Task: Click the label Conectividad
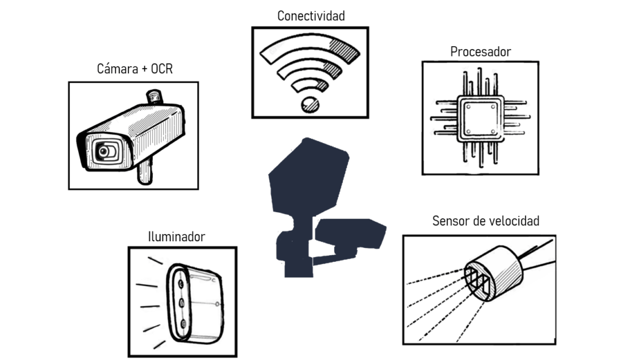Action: [310, 16]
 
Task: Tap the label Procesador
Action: [480, 52]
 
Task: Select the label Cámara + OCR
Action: [135, 69]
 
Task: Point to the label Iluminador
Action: [176, 236]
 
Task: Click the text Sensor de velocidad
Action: [485, 221]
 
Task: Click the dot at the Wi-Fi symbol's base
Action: [310, 104]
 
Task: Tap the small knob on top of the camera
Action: [154, 96]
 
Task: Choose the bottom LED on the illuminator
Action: [181, 326]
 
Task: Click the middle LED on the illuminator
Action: [181, 302]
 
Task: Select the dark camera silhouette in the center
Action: [351, 235]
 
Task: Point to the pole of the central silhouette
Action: [296, 255]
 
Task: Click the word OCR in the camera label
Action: [161, 69]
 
